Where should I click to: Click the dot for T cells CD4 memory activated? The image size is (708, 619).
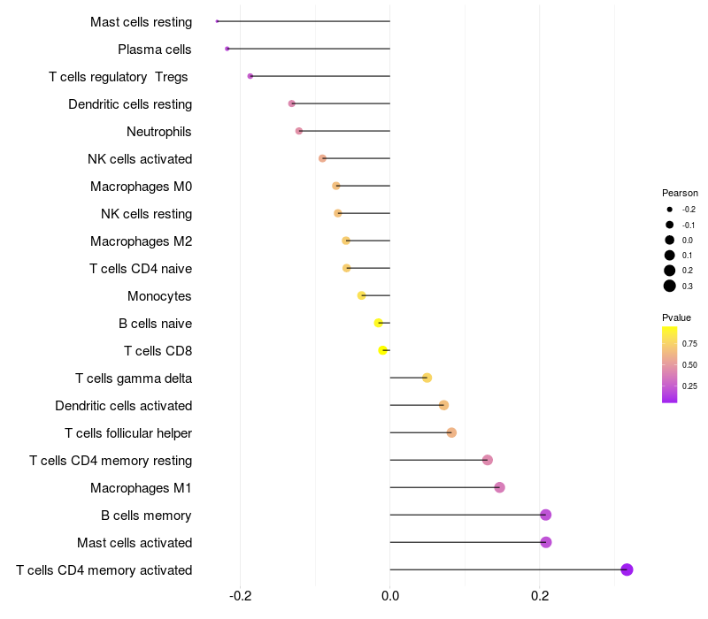point(627,569)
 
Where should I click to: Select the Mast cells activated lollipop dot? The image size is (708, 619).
point(546,542)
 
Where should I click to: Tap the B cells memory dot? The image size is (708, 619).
point(546,515)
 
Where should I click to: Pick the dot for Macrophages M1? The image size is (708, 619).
point(499,487)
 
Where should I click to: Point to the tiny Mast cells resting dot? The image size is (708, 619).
point(217,21)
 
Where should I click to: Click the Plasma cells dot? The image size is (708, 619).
point(227,49)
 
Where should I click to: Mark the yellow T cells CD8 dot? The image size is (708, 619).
point(382,350)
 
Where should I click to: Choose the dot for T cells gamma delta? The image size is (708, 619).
point(427,378)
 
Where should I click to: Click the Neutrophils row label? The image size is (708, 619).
point(159,132)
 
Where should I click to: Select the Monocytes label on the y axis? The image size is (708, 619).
point(159,296)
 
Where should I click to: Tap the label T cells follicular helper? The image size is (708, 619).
point(128,433)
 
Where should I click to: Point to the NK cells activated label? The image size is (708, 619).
point(140,159)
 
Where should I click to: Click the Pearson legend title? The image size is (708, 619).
point(680,193)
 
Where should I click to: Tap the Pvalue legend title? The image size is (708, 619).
point(676,317)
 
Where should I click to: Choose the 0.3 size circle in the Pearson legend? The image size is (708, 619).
point(670,286)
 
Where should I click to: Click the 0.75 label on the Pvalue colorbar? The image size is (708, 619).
point(689,343)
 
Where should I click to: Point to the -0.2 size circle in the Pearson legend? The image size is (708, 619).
point(670,210)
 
